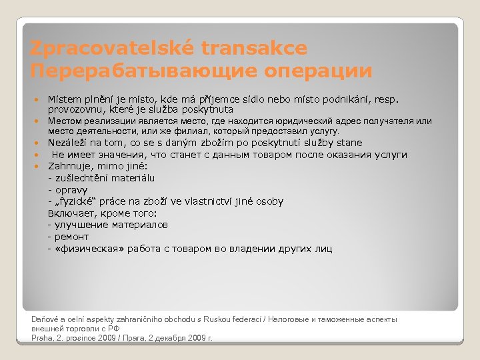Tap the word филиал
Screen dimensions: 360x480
tap(189, 131)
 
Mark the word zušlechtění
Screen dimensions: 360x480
tap(80, 178)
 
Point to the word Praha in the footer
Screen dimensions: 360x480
tap(43, 338)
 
